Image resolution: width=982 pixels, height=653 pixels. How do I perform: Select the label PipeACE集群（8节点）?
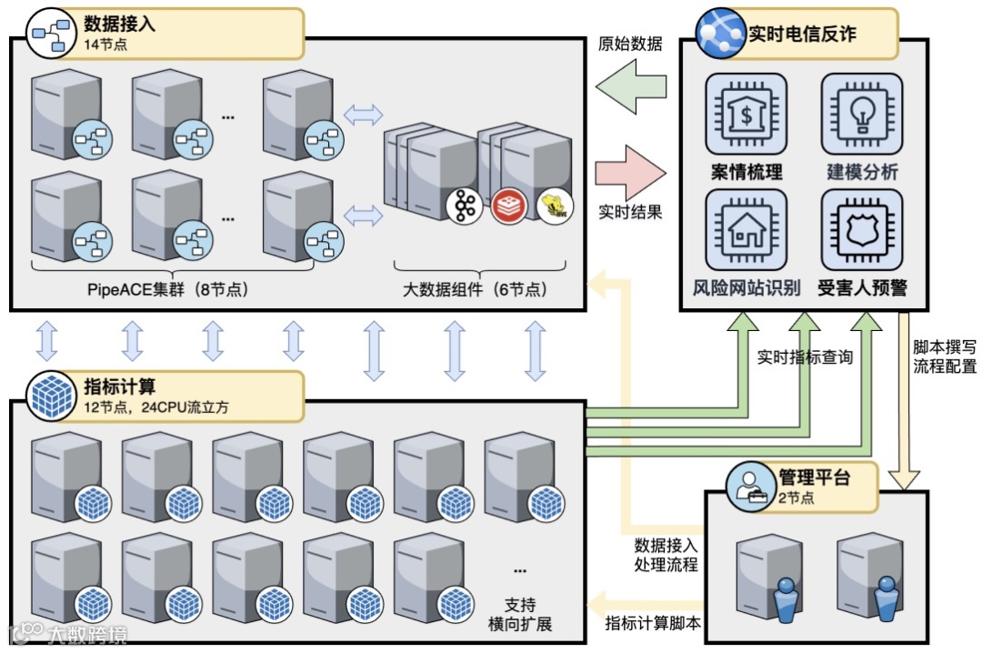coord(168,290)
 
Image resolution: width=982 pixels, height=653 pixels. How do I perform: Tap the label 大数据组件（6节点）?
coord(475,290)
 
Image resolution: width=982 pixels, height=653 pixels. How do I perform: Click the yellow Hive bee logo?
coord(555,206)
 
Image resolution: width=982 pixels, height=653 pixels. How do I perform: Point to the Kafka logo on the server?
coord(465,206)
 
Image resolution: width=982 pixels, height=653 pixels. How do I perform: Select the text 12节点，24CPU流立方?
coord(156,407)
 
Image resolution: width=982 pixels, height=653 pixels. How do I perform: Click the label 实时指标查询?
coord(805,357)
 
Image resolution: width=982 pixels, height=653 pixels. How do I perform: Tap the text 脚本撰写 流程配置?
coord(945,357)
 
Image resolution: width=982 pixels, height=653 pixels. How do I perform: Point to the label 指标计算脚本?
coord(653,623)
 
